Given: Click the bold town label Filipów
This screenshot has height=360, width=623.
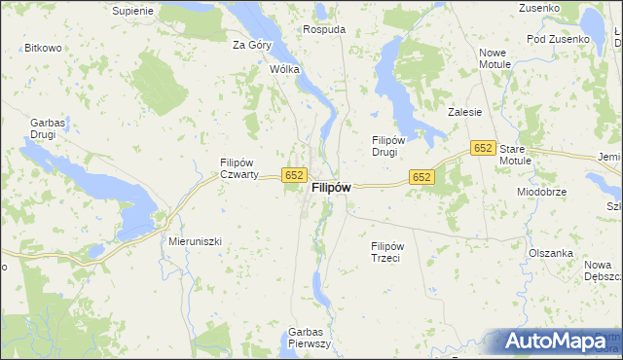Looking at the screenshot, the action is coord(330,190).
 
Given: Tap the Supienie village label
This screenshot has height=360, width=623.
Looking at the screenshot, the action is coord(133,11).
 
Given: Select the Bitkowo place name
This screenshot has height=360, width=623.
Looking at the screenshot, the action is coord(43,48).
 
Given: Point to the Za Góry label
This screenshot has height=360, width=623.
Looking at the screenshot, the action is coord(251,45).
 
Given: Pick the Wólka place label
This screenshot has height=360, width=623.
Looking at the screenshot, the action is coord(284,70).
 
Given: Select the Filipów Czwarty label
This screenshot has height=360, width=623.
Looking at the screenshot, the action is coord(238,168).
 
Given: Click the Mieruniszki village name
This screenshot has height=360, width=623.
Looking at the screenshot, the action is coord(196,239).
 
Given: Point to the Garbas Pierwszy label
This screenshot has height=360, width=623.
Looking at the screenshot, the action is coord(311,338).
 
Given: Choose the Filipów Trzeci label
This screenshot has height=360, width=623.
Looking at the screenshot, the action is coord(393,252).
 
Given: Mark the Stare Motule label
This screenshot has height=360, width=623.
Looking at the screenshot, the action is coord(517,155).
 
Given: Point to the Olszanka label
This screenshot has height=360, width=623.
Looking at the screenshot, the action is coord(550,253).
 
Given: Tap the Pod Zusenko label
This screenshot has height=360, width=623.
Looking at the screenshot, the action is coord(558,39).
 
